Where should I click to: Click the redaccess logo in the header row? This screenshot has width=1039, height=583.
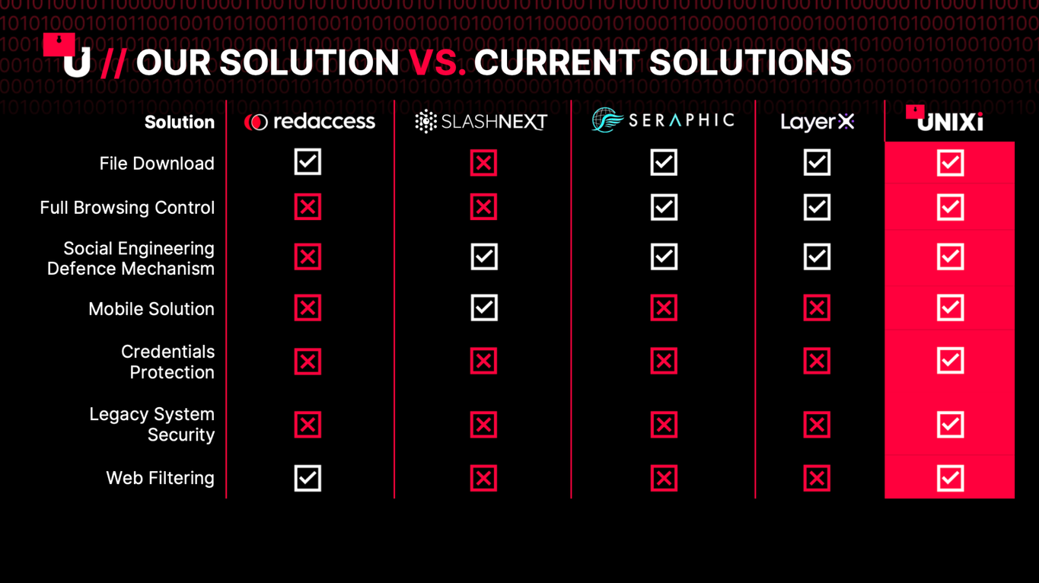pos(309,122)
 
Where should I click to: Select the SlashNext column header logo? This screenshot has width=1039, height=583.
pos(481,122)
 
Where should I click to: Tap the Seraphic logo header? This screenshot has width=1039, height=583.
pos(663,119)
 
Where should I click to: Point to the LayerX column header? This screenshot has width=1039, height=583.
pos(817,122)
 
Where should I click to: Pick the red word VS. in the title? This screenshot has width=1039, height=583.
pos(437,62)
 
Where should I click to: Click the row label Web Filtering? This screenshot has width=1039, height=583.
pos(160,478)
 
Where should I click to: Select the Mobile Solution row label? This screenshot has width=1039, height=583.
pos(151,309)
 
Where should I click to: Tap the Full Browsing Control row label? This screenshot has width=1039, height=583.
pos(127,208)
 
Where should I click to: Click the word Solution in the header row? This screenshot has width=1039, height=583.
pos(180,122)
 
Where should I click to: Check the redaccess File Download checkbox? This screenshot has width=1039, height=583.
pos(308,162)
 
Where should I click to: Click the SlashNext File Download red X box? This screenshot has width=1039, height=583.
pos(483,162)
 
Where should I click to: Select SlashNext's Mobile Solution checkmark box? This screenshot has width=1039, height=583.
pos(484,307)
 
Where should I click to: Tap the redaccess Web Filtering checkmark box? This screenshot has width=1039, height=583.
pos(308,478)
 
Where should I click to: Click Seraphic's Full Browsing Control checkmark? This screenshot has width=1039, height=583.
pos(664,207)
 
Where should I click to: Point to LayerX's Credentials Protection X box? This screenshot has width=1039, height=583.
pos(817,361)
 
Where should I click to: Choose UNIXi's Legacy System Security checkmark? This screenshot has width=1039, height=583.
pos(950,425)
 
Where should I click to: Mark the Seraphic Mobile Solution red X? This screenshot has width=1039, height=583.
pos(664,307)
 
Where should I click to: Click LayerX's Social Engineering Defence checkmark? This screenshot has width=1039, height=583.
pos(817,256)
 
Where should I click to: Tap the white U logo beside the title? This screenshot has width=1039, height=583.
pos(77,62)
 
